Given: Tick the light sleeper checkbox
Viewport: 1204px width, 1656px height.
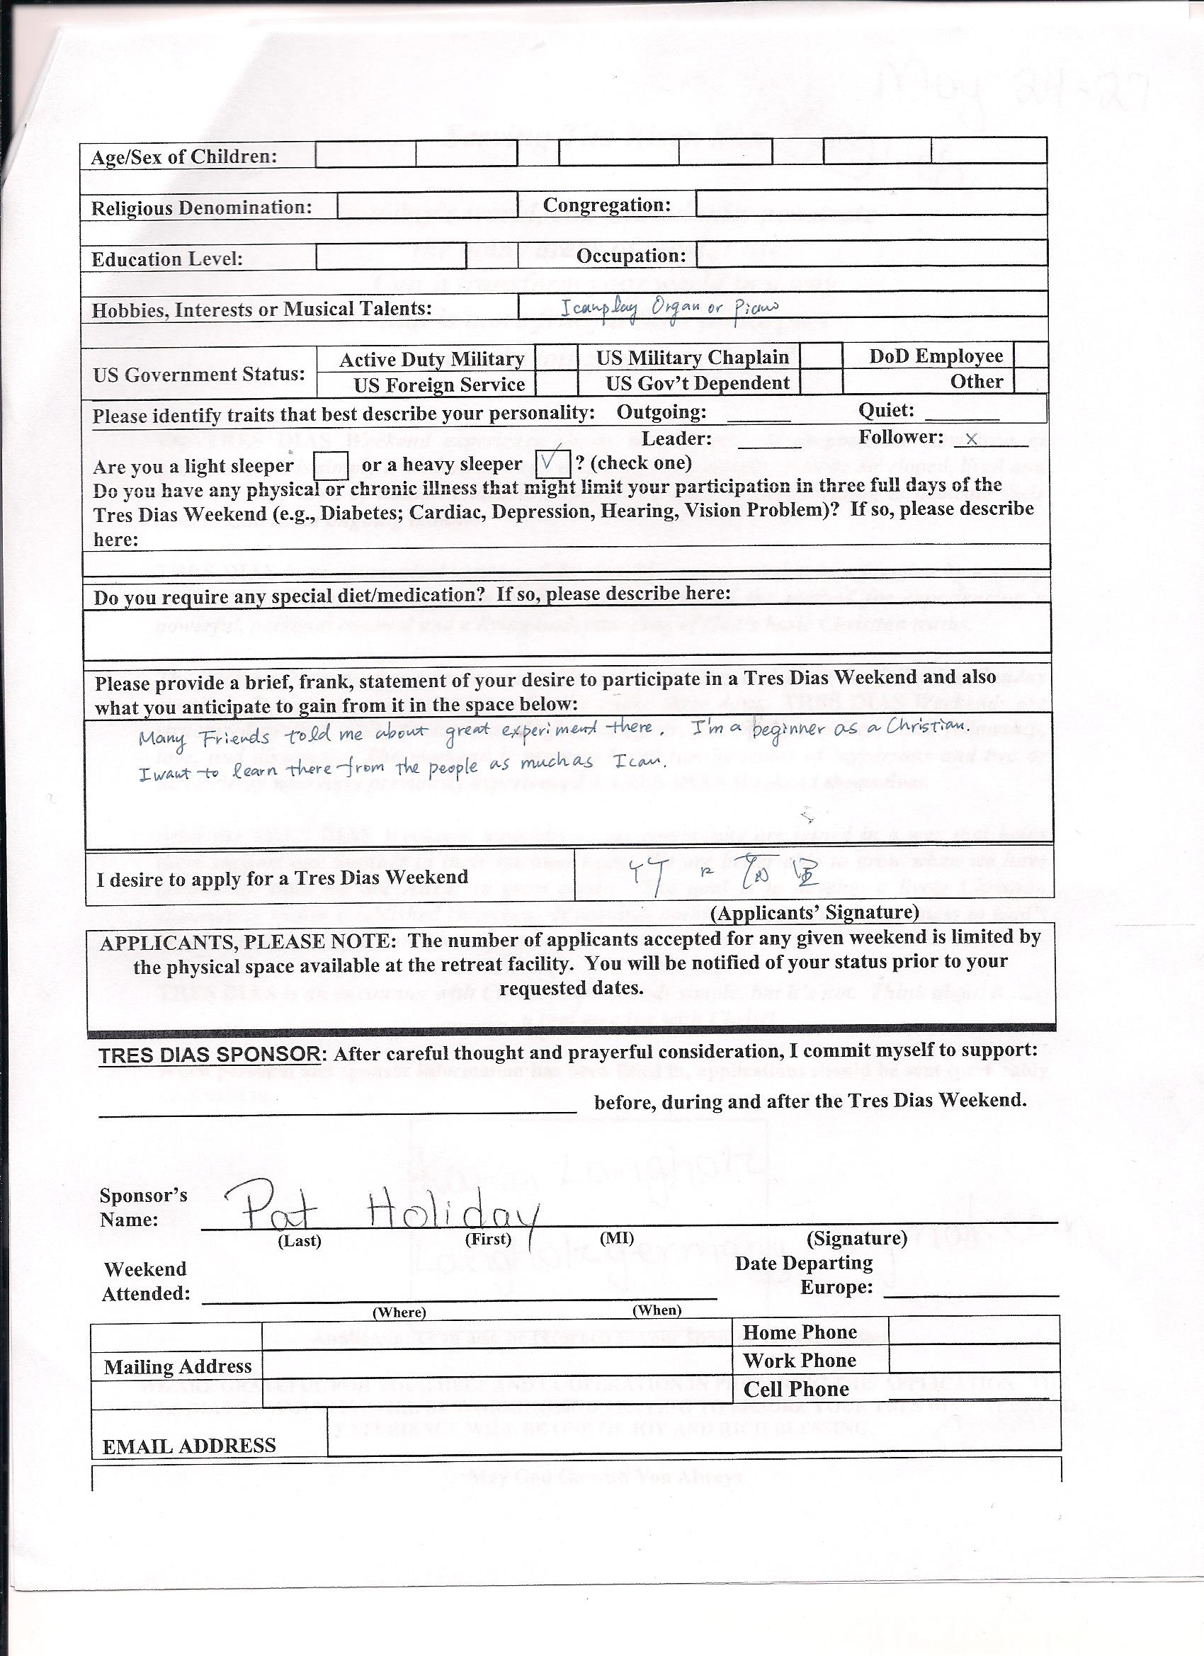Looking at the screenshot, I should pos(330,465).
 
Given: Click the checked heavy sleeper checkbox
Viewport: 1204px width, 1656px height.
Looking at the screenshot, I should pos(552,462).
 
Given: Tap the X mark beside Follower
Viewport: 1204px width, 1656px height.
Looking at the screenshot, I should pos(971,440).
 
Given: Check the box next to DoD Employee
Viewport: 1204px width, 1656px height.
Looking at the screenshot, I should pos(1030,355).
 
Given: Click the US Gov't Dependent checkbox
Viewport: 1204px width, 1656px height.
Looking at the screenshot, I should pos(821,382).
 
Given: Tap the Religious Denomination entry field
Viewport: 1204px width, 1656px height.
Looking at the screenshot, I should pos(426,206).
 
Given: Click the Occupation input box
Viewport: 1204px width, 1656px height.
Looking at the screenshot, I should pos(871,254).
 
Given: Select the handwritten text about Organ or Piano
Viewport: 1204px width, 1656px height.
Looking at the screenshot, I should pos(669,307).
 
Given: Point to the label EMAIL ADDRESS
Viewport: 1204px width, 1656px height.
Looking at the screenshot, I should pos(189,1446).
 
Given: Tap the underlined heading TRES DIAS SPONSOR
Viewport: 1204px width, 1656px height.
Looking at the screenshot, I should pos(210,1055).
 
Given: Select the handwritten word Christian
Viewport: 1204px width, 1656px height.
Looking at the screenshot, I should pos(928,725).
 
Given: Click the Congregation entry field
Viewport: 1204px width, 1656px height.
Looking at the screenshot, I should pos(871,203).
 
